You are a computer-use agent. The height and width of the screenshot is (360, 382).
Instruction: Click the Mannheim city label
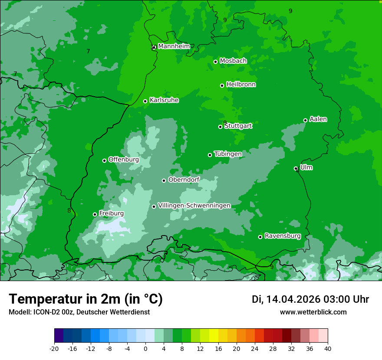click(174, 46)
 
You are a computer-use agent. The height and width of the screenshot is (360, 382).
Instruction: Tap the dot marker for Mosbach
click(215, 62)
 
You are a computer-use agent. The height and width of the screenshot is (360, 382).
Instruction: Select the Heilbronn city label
click(241, 85)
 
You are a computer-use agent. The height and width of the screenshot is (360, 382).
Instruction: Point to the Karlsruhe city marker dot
click(145, 101)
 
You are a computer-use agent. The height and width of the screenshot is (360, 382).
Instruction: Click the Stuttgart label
click(238, 126)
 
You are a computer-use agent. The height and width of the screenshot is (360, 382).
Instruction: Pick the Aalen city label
click(318, 119)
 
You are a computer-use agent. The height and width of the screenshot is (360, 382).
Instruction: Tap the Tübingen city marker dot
click(210, 155)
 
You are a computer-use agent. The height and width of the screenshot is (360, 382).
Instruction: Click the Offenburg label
click(124, 160)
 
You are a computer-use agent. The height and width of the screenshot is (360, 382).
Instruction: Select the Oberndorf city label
click(184, 180)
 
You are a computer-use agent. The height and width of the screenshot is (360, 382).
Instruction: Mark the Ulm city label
click(306, 167)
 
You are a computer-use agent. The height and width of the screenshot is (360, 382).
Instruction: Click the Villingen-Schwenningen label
click(194, 206)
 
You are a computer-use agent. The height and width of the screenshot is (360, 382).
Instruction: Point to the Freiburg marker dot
click(95, 214)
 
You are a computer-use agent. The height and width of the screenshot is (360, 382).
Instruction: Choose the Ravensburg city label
click(283, 236)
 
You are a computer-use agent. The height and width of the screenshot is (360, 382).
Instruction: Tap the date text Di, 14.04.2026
click(286, 299)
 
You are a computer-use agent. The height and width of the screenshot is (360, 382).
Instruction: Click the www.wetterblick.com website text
click(313, 312)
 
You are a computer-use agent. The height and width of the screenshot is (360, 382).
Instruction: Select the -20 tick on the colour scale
click(54, 348)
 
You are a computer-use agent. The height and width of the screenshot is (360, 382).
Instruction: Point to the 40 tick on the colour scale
click(327, 348)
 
